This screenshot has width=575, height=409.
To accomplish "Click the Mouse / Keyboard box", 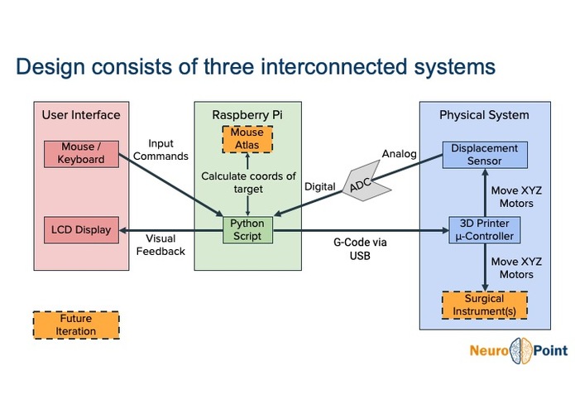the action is click(81, 154).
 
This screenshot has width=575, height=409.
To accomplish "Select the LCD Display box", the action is click(81, 230).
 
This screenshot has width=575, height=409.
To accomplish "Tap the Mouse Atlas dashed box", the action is click(247, 139).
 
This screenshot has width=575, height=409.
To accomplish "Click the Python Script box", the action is click(248, 230).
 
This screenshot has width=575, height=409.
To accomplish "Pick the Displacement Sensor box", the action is click(485, 155).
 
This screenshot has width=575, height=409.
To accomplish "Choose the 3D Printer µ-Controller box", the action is click(485, 230).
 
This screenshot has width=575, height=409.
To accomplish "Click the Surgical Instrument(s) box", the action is click(485, 306).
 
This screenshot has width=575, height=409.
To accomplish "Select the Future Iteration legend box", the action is click(76, 325).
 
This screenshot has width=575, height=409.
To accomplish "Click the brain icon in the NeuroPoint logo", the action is click(520, 351).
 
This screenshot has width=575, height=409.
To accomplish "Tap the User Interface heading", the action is click(81, 115).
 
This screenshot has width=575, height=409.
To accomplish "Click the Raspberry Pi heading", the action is click(247, 115).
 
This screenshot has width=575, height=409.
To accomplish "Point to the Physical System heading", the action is click(484, 115).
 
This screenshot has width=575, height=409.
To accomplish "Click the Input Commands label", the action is click(161, 150).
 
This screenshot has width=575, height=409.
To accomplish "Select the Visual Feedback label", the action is click(161, 245).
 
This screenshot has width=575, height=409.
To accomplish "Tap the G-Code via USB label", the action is click(360, 248).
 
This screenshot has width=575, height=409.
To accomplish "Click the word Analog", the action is click(400, 154).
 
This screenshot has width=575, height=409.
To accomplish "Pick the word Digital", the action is click(320, 187).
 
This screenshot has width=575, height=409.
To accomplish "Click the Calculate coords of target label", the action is click(248, 182).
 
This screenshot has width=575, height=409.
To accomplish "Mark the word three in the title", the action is click(228, 66).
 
